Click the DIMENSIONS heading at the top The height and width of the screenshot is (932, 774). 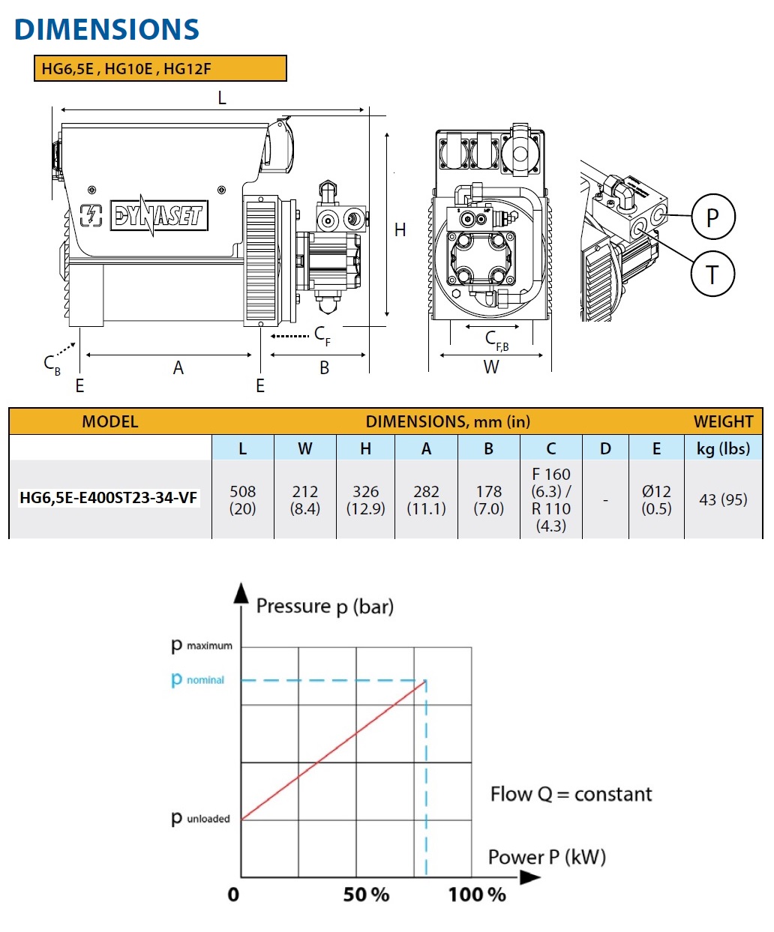point(106,29)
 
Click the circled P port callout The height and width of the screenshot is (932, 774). point(712,217)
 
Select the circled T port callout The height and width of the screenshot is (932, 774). point(712,274)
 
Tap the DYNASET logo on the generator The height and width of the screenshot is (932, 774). point(158,216)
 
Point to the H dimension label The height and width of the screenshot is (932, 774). point(400,230)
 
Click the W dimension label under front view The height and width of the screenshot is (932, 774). point(490,367)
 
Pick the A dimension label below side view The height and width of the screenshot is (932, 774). point(178,368)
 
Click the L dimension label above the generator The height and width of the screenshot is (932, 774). point(221,98)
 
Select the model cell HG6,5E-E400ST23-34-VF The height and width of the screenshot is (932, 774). point(109,498)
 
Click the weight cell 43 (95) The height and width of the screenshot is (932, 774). point(723,499)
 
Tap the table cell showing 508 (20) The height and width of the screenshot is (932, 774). point(242,500)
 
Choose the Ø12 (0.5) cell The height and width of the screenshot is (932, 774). point(656,500)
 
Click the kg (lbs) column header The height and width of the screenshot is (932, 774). point(723,448)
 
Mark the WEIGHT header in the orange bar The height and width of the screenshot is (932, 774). point(722,421)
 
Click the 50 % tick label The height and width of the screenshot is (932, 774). point(366,895)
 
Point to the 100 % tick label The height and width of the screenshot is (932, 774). point(477,895)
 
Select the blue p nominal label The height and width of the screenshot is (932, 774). point(198,679)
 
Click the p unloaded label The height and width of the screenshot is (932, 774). point(200,818)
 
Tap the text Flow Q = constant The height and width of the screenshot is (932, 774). point(571,794)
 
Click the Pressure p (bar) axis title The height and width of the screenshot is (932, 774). point(325,606)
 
